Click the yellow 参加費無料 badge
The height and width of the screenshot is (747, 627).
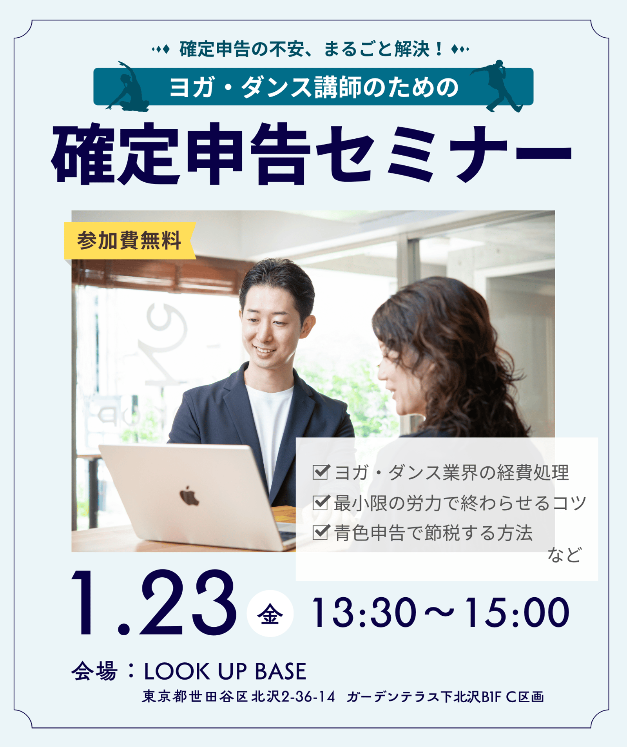coord(130,241)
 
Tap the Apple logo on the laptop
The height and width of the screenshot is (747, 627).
coord(189,496)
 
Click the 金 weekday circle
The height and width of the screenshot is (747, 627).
coord(270,613)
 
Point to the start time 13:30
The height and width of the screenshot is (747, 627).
coord(364,613)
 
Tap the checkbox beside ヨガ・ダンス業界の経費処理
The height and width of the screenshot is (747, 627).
coord(321,472)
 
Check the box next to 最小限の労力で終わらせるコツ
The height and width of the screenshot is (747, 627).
coord(321,502)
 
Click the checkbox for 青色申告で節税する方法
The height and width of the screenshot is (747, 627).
coord(321,532)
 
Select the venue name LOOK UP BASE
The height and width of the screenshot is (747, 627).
coord(225,672)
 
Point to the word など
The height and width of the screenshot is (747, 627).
coord(564,555)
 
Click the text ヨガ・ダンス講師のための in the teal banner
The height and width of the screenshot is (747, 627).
coord(313,87)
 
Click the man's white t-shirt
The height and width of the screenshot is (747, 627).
coord(270,423)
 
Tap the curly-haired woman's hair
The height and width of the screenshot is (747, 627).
coord(451,353)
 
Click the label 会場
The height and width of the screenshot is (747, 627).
coord(94,671)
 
